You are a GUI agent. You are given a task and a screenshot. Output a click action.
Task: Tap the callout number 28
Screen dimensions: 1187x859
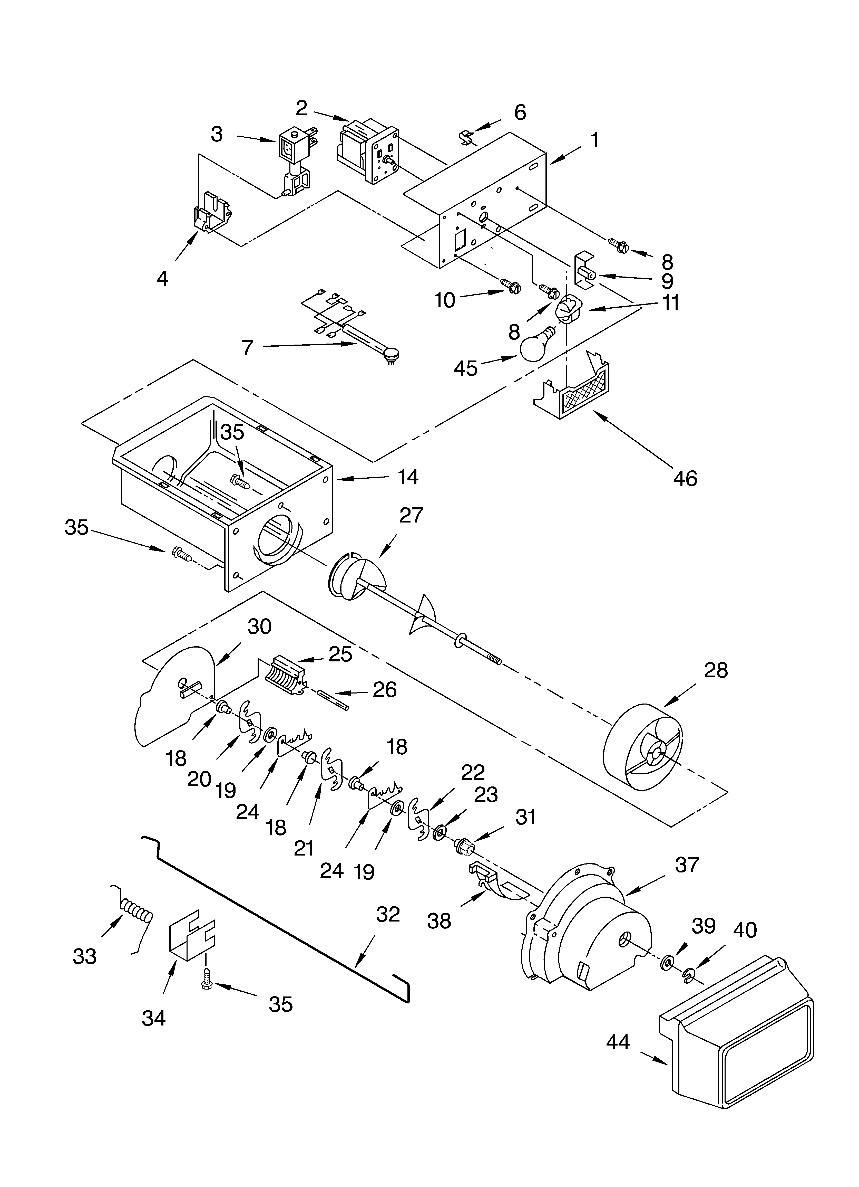coord(716,670)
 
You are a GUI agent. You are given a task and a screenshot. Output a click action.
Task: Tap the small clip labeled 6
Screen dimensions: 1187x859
coord(464,139)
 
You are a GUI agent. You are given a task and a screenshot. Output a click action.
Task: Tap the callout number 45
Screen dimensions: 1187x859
coord(466,368)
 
